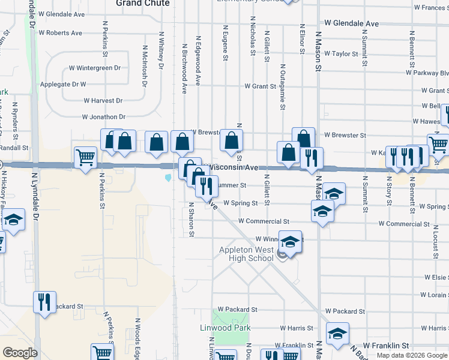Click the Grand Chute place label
tap(142, 3)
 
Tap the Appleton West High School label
tap(246, 254)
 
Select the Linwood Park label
tap(225, 328)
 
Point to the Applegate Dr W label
tap(63, 85)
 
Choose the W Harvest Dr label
tap(103, 101)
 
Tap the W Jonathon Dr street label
tap(104, 117)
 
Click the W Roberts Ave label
tap(59, 33)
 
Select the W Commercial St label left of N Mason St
tap(264, 221)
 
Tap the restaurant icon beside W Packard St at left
tap(44, 302)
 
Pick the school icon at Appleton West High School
tap(290, 242)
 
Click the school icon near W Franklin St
tap(337, 333)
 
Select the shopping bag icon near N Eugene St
tap(231, 140)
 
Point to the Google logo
tap(20, 353)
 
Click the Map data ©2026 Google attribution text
tap(412, 356)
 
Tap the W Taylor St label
tap(341, 54)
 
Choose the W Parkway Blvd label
tap(427, 73)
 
